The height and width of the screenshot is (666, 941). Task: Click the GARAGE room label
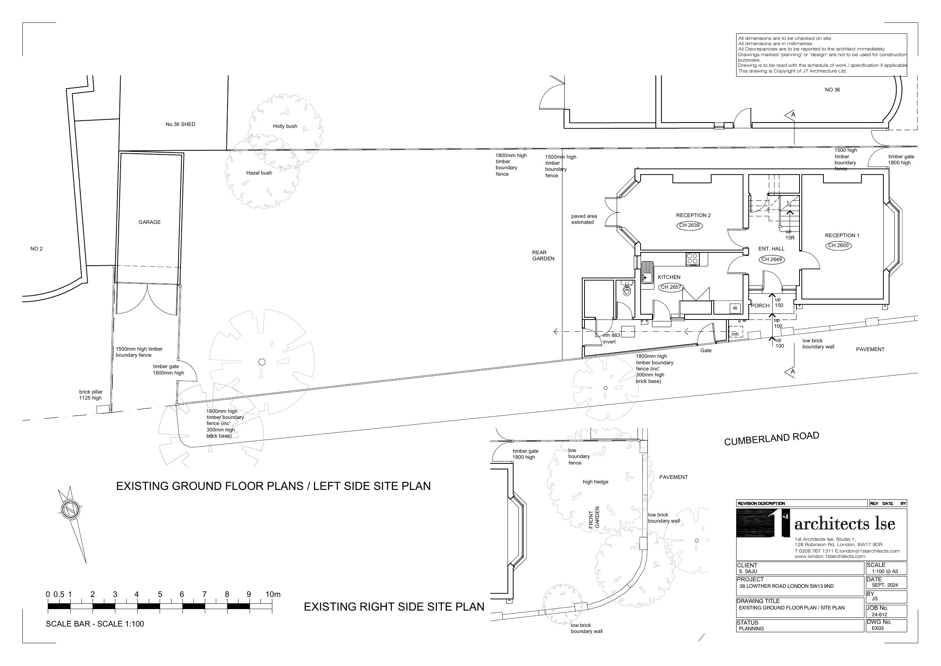(149, 222)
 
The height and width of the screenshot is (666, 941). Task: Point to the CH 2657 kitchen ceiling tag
(671, 287)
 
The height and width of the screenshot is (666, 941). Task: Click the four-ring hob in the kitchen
(693, 258)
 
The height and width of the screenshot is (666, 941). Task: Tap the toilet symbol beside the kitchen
(626, 291)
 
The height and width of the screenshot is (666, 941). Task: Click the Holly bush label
(285, 126)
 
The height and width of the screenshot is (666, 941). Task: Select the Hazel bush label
(259, 173)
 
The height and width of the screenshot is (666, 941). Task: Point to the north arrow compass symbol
(70, 510)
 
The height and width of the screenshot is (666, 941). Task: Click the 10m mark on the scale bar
(273, 595)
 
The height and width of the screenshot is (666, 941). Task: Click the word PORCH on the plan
(760, 305)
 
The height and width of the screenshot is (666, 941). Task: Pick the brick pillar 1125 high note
(91, 395)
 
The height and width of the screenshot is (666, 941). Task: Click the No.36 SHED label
(180, 124)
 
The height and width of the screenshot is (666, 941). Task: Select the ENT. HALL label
(771, 249)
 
